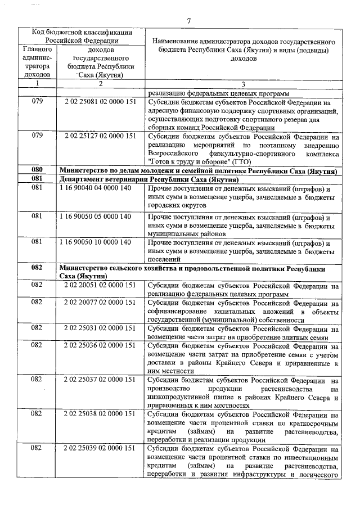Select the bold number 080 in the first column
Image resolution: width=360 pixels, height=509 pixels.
[37, 170]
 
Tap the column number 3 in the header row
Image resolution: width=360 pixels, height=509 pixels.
[242, 83]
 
